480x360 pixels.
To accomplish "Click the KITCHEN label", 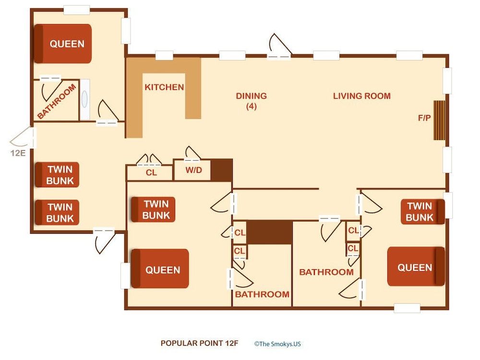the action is click(x=164, y=87).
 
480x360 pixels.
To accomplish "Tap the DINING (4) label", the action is click(x=252, y=101).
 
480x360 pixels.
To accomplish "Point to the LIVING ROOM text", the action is click(x=362, y=96).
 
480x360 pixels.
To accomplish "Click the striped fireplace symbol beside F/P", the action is click(x=439, y=120).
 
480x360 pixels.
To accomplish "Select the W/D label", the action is click(x=194, y=170).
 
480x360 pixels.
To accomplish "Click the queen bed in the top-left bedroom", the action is click(x=62, y=44).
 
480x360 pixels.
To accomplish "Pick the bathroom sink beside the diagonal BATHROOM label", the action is click(x=84, y=100).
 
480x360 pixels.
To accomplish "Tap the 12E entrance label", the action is click(x=18, y=153).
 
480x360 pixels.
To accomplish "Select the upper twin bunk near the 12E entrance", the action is click(x=57, y=175).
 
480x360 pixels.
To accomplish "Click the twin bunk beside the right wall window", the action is click(x=423, y=212).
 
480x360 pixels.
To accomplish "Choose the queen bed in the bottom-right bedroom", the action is click(x=416, y=266).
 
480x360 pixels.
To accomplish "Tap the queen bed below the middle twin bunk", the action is click(x=160, y=268).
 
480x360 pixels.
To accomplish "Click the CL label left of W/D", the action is click(x=151, y=173).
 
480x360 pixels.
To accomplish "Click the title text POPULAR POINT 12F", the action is click(x=199, y=343).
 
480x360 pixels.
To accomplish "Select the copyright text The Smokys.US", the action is click(x=277, y=344).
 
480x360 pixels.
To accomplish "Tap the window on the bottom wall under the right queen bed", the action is click(x=407, y=308).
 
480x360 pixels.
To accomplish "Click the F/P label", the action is click(x=424, y=118).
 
